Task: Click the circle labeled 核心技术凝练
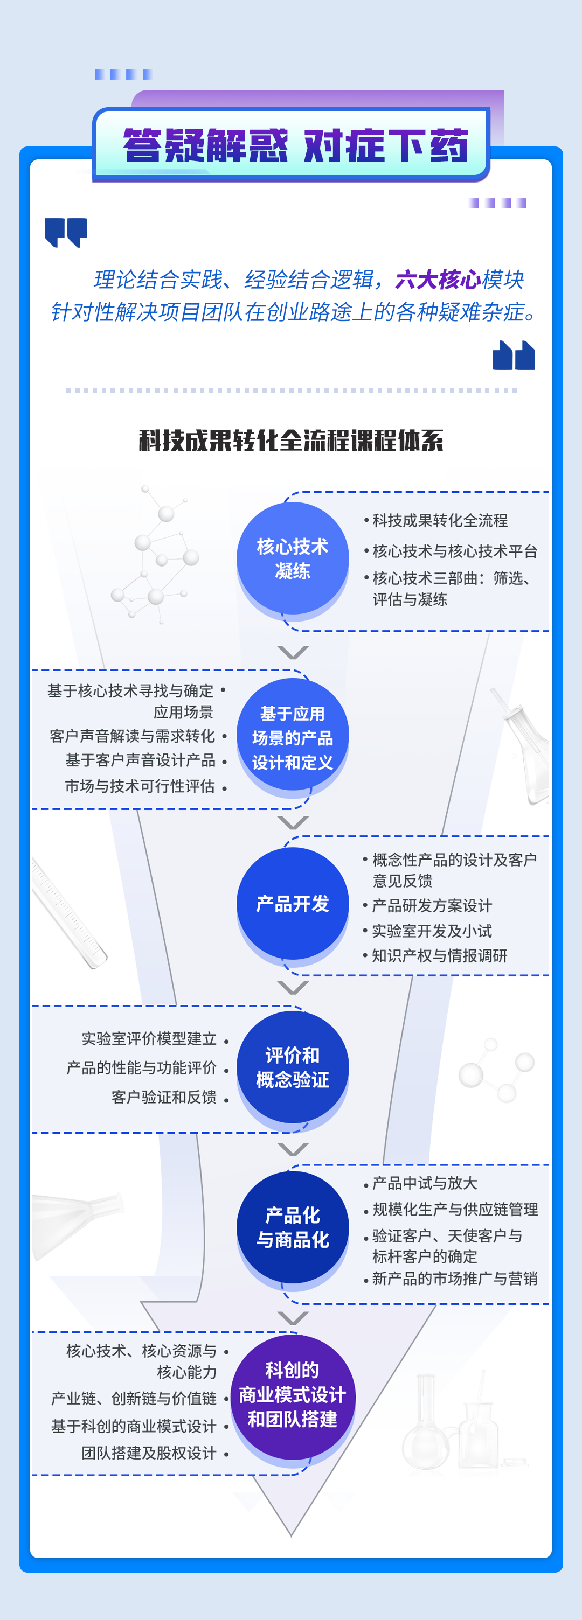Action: [x=293, y=558]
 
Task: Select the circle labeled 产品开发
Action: [x=293, y=903]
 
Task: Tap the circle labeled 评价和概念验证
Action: [x=293, y=1067]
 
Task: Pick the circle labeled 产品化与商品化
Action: [x=293, y=1227]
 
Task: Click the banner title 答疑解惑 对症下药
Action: [x=295, y=145]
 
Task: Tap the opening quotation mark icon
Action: [x=65, y=232]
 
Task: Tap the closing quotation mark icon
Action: [x=514, y=355]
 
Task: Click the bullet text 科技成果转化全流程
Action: [x=440, y=521]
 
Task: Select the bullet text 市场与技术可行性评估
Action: [x=140, y=786]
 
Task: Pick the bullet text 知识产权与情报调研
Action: [x=439, y=956]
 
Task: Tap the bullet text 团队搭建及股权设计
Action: [x=149, y=1453]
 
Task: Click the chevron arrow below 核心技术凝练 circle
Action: [x=293, y=652]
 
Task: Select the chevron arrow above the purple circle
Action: [x=293, y=1317]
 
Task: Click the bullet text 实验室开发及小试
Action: [x=432, y=931]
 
